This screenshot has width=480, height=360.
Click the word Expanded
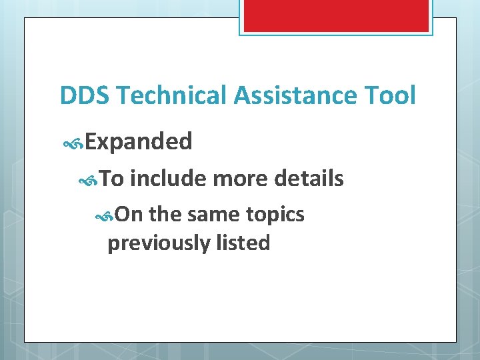tap(139, 141)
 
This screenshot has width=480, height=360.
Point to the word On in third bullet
tap(129, 215)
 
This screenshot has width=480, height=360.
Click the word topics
tap(275, 215)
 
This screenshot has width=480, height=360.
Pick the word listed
tap(243, 243)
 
